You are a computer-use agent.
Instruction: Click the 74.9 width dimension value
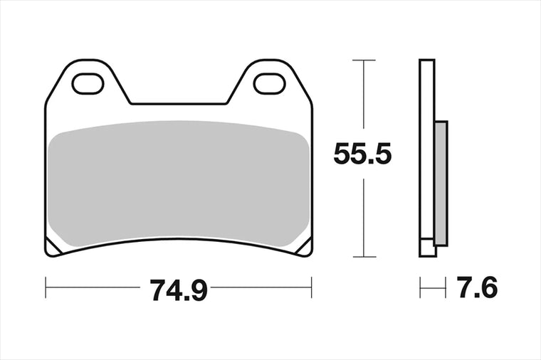(179, 290)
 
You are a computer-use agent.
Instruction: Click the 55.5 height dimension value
(362, 154)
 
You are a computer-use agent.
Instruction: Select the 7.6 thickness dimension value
(477, 287)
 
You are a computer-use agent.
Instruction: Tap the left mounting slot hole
(88, 84)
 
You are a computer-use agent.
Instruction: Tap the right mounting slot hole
(270, 84)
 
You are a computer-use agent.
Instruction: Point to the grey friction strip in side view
(441, 184)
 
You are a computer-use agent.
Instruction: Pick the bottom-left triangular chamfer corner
(52, 248)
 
